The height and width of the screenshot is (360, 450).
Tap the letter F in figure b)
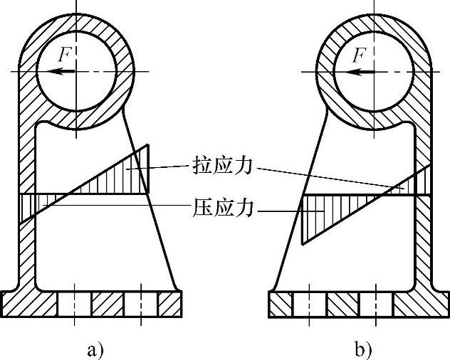361,54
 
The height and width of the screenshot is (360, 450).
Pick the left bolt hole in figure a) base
74,303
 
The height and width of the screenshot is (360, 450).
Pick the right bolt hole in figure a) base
141,303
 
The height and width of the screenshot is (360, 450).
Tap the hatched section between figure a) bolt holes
108,303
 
